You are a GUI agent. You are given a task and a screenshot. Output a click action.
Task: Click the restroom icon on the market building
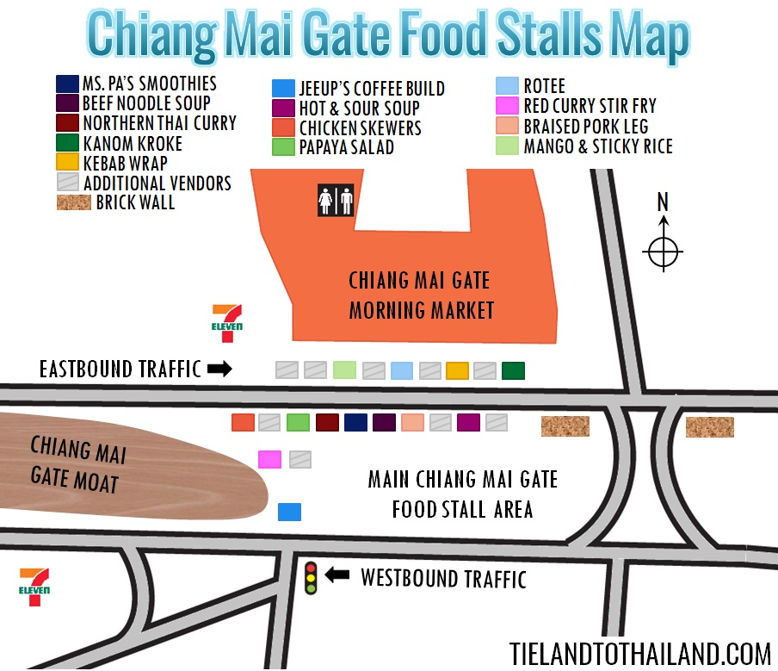[336, 199]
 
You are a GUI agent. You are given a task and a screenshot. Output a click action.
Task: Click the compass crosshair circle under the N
[663, 252]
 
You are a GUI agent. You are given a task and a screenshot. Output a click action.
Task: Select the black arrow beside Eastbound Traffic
[220, 370]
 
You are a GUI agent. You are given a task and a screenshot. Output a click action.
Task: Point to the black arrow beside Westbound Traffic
[337, 575]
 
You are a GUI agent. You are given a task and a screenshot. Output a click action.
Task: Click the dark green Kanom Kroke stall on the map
[513, 370]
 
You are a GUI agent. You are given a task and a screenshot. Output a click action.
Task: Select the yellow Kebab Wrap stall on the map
[457, 370]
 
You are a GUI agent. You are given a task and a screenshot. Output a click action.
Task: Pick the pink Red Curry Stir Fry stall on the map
[269, 458]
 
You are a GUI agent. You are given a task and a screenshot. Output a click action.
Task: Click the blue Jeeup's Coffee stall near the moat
[289, 512]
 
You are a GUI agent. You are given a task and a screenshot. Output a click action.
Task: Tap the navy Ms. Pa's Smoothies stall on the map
[355, 422]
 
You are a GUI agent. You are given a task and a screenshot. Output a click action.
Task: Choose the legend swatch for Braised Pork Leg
[507, 126]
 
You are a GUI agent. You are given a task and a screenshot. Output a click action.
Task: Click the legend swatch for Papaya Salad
[283, 146]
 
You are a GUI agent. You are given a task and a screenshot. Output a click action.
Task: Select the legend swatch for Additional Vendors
[67, 183]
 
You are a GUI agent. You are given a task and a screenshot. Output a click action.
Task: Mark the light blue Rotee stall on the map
[401, 370]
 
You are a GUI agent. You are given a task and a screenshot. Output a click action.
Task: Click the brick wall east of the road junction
[709, 426]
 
